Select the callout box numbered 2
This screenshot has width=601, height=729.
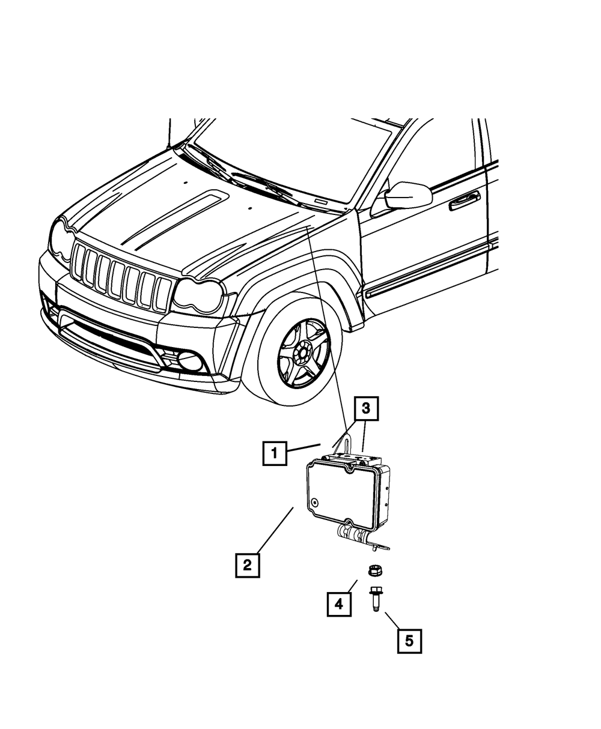pyautogui.click(x=247, y=564)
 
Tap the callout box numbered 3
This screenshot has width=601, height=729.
pyautogui.click(x=366, y=410)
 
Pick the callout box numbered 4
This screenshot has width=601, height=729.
pyautogui.click(x=339, y=603)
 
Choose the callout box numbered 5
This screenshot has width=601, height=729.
pyautogui.click(x=409, y=641)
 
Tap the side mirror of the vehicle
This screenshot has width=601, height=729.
pyautogui.click(x=407, y=195)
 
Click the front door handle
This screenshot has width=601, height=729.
pyautogui.click(x=464, y=199)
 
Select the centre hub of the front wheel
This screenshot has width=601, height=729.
pyautogui.click(x=304, y=351)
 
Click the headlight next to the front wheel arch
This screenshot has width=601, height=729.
pyautogui.click(x=198, y=295)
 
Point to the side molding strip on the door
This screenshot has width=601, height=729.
pyautogui.click(x=430, y=270)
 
